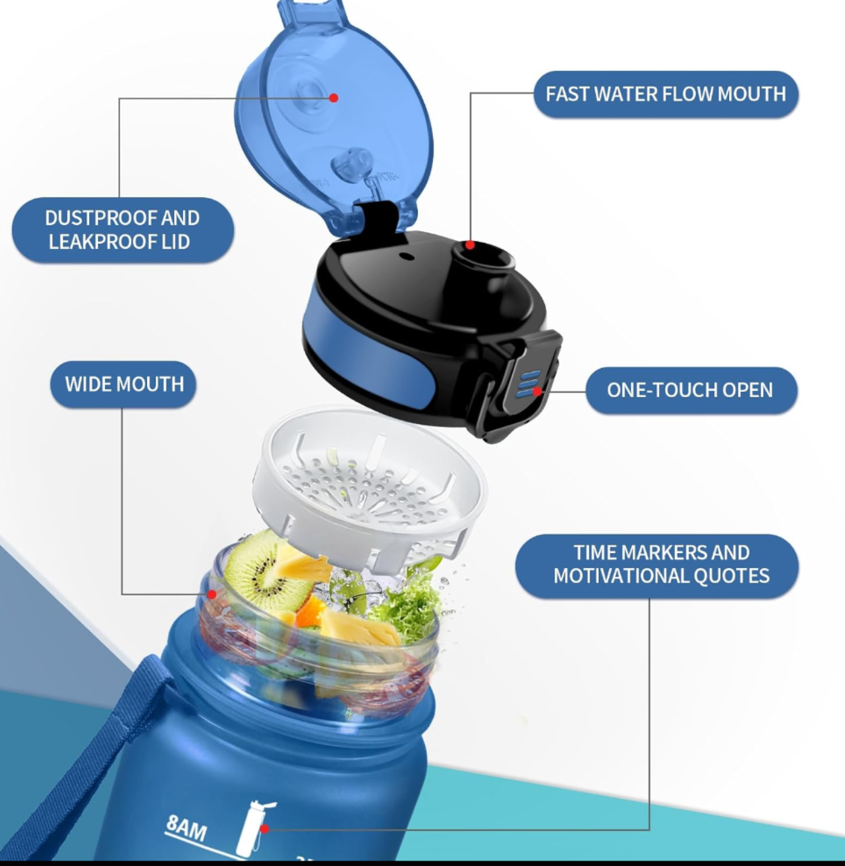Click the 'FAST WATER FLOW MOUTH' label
click(666, 94)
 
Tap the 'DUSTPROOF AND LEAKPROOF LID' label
click(123, 230)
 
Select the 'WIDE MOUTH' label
click(124, 384)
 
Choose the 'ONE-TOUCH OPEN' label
click(690, 391)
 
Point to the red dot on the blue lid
click(333, 98)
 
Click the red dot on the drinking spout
click(470, 245)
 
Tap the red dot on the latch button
click(537, 391)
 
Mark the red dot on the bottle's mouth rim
click(212, 594)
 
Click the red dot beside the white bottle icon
click(264, 828)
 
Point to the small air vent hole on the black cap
click(405, 256)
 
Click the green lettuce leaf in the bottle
click(405, 607)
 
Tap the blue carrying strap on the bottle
click(128, 728)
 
